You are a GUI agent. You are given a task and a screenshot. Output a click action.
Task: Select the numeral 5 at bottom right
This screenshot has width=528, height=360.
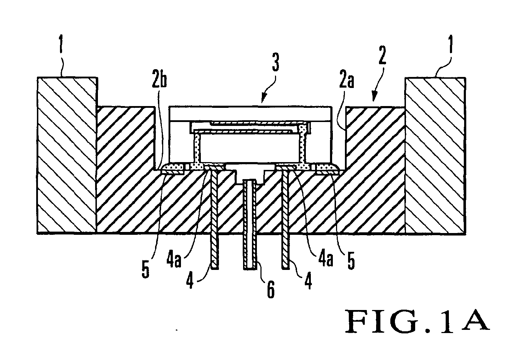click(x=350, y=263)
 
